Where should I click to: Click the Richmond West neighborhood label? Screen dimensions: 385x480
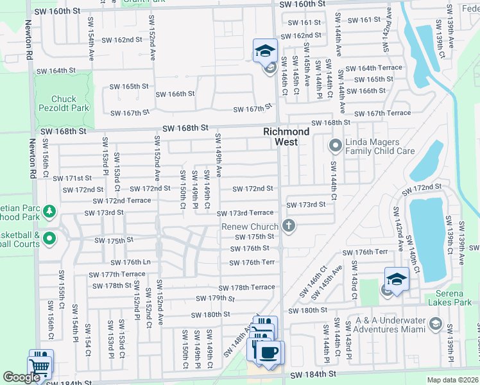(286, 136)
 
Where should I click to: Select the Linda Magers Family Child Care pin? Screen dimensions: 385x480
(334, 146)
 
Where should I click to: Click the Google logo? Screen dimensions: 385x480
(21, 378)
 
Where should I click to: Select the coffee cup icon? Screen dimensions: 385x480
(267, 352)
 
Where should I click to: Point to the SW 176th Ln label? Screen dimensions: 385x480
(130, 262)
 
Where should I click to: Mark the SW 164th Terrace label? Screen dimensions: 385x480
(373, 68)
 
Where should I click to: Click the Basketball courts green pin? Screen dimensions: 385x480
(49, 239)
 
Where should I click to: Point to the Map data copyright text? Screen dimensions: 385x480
(452, 380)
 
